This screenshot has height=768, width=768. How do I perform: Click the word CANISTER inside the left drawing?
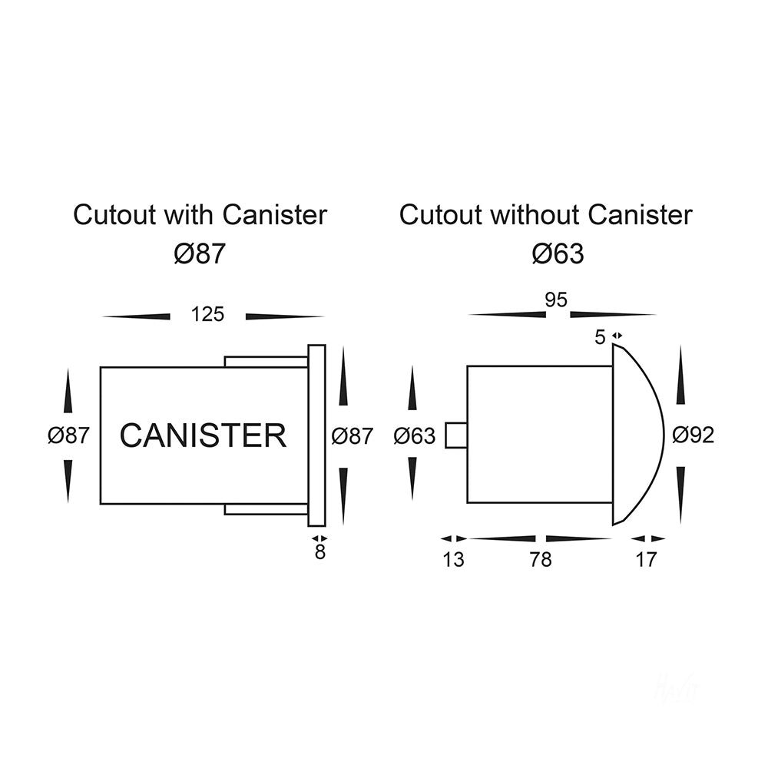[x=203, y=435]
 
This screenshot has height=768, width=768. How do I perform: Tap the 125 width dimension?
[x=208, y=314]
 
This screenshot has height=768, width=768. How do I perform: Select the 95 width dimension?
[x=556, y=300]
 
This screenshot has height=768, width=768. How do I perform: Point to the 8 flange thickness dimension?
[x=320, y=551]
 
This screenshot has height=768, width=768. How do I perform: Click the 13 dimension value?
[x=454, y=560]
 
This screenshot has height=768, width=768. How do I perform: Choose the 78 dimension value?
[x=541, y=560]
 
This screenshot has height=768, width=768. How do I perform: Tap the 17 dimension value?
[x=647, y=560]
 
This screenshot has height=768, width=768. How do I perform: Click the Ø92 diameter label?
[x=693, y=435]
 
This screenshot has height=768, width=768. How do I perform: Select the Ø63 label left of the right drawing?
[x=414, y=436]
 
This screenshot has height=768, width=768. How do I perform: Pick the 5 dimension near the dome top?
[x=601, y=336]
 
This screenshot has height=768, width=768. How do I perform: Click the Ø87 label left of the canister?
[x=68, y=435]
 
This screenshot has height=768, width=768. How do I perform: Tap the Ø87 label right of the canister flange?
[x=352, y=435]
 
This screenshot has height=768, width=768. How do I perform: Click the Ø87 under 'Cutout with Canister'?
[x=200, y=254]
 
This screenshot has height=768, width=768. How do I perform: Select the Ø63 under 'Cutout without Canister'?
[x=558, y=254]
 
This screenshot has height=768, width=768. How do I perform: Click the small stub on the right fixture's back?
[x=455, y=435]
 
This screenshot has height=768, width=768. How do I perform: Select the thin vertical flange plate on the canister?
[x=316, y=435]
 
